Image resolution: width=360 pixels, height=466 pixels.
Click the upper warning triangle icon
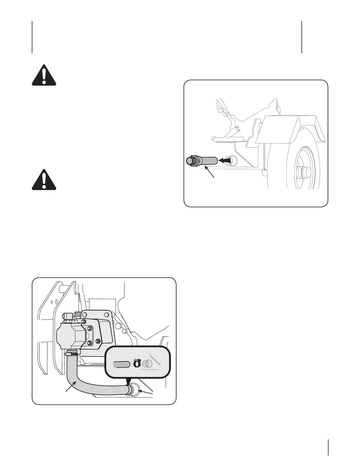tap(44, 75)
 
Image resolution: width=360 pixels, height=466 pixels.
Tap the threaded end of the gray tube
tap(189, 161)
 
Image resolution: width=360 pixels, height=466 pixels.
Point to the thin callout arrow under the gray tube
tap(211, 172)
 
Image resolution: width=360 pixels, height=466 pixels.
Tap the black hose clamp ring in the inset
tap(137, 364)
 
